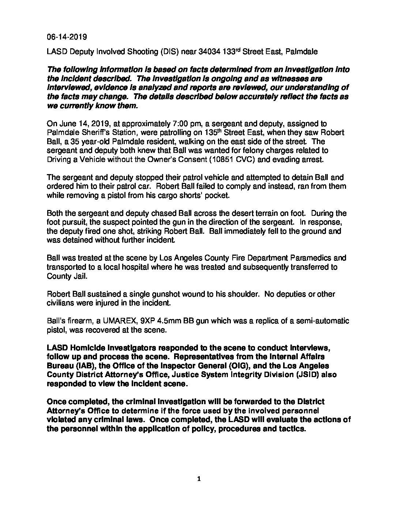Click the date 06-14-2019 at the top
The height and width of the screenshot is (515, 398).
pos(67,37)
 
